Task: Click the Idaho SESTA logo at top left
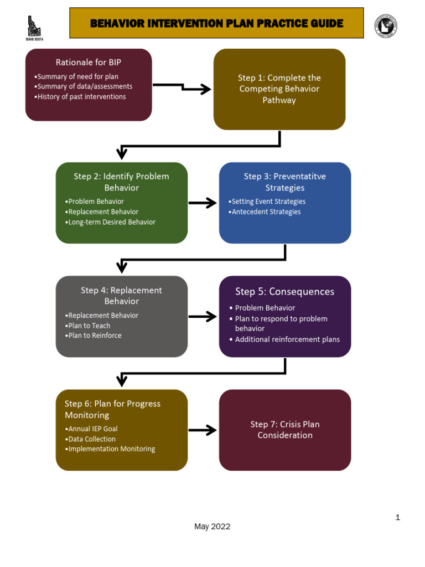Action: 35,27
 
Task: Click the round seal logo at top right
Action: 386,26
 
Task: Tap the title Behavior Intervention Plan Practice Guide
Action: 216,23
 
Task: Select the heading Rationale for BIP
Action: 89,62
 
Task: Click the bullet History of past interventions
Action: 81,97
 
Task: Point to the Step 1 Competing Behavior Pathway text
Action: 279,89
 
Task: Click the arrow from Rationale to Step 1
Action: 183,88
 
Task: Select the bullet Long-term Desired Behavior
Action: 111,222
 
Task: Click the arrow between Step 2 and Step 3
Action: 203,203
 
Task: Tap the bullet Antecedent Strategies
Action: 266,212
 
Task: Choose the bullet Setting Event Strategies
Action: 268,202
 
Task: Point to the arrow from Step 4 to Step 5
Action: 203,317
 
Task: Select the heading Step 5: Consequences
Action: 284,292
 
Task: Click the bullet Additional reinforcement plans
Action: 287,339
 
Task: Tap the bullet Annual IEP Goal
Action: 92,429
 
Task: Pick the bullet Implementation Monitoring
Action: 111,449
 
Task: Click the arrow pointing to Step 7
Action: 203,430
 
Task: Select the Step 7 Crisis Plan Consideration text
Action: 285,430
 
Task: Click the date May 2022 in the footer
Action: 212,527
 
